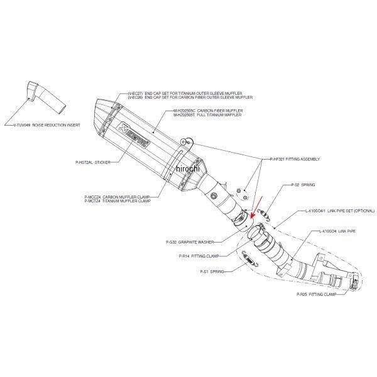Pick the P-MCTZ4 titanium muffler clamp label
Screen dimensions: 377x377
117,200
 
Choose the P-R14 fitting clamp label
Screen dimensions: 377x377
192,256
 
